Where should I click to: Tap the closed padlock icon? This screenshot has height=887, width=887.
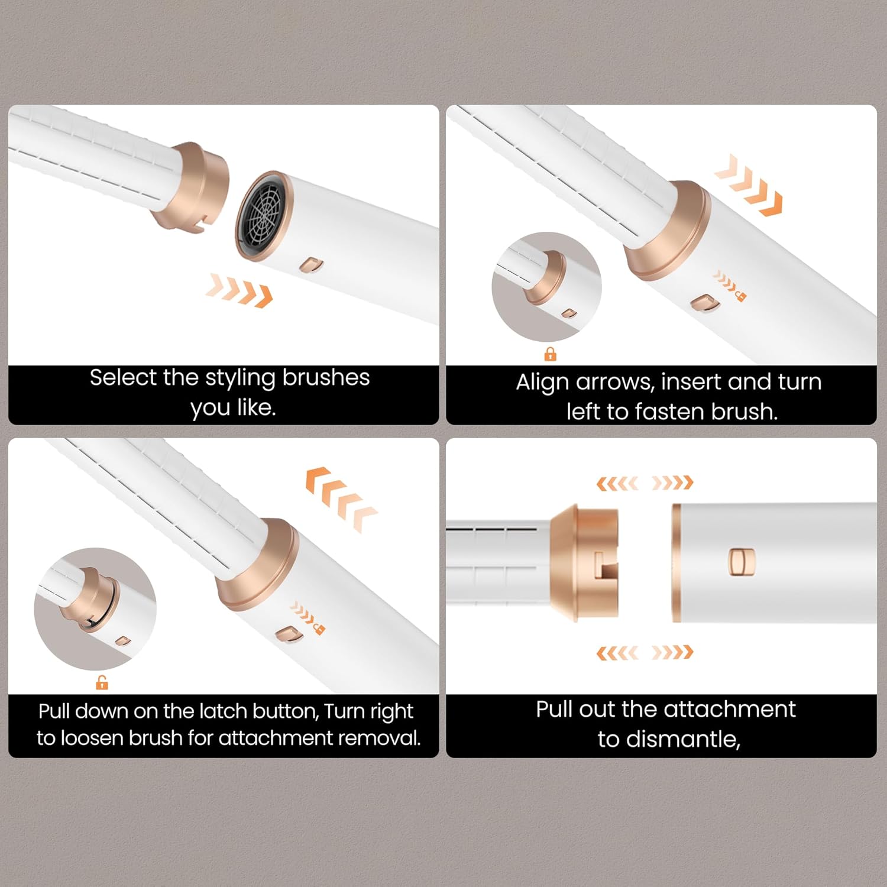pos(551,354)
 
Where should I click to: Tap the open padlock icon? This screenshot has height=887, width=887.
pos(102,682)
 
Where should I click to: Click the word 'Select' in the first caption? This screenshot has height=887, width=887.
pos(123,377)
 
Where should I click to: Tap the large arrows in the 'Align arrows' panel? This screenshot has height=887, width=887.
pos(749,185)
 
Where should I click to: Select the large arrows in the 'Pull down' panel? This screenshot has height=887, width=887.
pos(341,498)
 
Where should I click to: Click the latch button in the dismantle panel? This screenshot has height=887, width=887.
pos(742,562)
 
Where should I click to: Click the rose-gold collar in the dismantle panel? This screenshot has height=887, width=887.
pos(584,563)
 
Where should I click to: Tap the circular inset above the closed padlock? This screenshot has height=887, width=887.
pos(546,287)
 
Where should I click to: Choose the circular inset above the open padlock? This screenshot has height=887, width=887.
pos(95,609)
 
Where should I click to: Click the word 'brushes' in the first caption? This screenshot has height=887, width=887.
pos(325,377)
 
